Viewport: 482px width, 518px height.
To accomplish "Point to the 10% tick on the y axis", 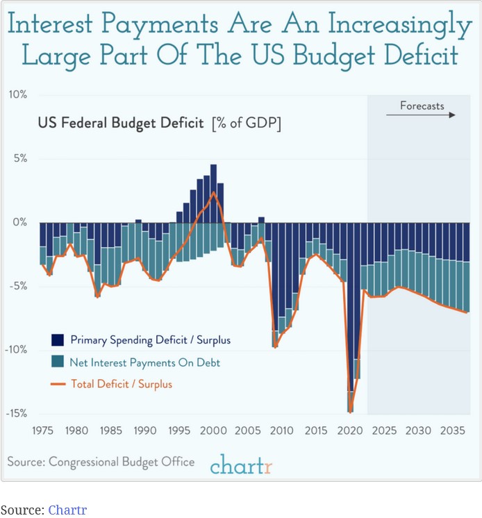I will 17,94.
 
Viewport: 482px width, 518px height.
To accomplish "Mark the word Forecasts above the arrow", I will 422,106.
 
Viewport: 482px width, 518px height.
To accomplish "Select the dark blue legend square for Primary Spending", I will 58,340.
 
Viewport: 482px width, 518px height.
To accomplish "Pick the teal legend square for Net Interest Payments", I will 58,362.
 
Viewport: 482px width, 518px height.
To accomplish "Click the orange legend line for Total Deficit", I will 58,383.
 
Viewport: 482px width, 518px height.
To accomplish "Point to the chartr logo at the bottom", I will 241,464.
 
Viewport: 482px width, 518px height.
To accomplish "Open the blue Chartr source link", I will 67,510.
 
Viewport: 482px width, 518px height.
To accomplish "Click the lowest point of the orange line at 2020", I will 351,411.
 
